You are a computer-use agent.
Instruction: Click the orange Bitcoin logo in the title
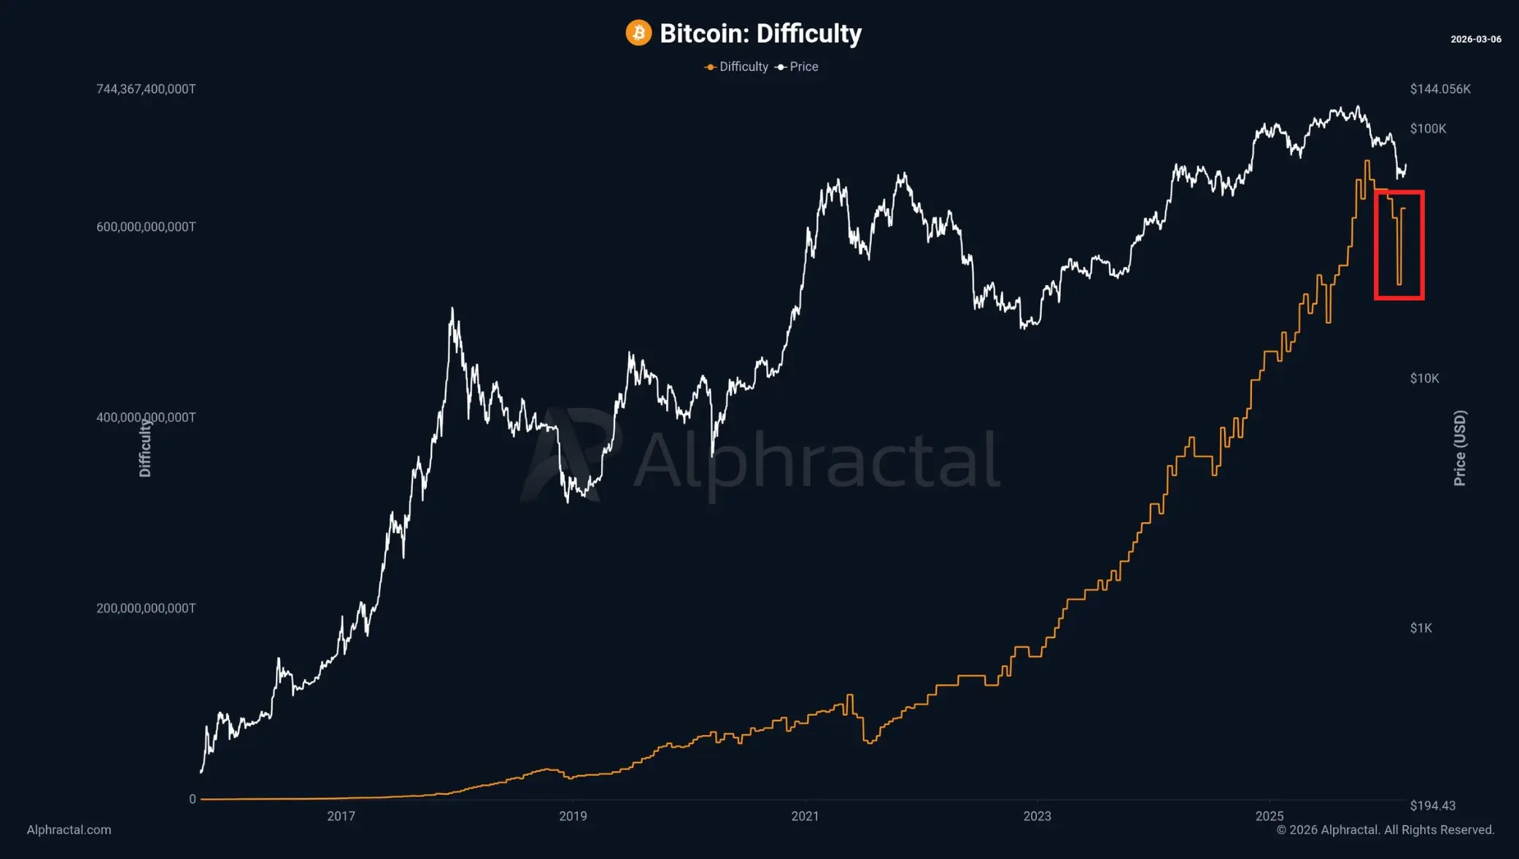click(638, 33)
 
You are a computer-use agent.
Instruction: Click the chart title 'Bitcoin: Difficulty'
click(760, 34)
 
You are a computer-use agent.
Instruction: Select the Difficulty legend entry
click(737, 66)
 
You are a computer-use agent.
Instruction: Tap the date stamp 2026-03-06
click(1475, 39)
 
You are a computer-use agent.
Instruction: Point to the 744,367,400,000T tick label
click(146, 89)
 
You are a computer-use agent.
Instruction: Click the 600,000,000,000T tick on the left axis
click(146, 227)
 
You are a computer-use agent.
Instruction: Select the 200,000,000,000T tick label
click(146, 608)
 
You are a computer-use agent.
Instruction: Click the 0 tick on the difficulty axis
click(193, 799)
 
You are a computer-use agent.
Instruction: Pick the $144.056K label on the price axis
click(1439, 89)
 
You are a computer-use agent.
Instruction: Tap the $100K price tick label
click(1428, 128)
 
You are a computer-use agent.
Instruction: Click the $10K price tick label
click(1424, 378)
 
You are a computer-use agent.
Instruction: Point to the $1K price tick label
click(1421, 628)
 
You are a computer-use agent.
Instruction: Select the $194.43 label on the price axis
click(1432, 805)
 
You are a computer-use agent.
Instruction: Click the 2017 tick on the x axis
click(341, 816)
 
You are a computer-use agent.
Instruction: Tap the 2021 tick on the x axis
click(805, 816)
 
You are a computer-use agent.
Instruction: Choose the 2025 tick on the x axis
click(1269, 816)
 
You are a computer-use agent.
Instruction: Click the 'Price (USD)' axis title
click(1459, 448)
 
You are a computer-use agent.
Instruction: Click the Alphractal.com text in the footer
click(69, 830)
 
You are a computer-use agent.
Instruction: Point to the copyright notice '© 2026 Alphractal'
click(1385, 830)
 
